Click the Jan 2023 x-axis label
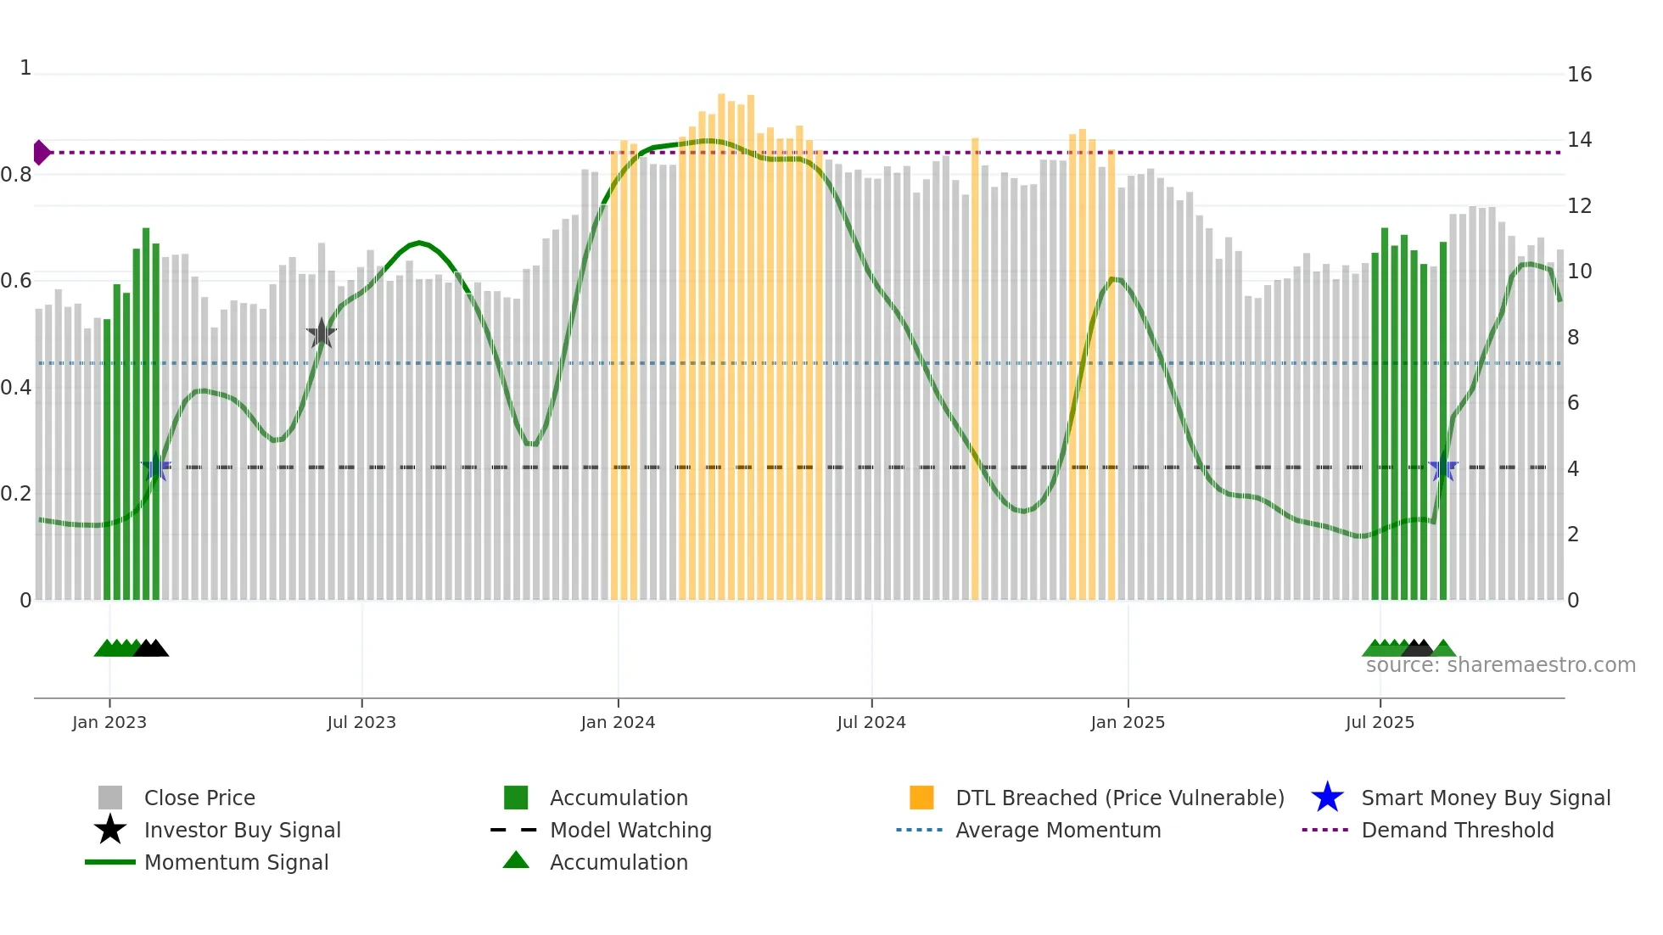tap(109, 722)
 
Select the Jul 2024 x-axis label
tap(871, 722)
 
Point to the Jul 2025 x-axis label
tap(1380, 722)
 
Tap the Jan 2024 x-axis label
tap(618, 722)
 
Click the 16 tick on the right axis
tap(1579, 75)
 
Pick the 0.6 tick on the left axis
tap(16, 281)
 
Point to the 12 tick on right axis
tap(1579, 206)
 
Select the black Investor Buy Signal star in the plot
tap(322, 333)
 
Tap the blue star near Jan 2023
tap(156, 467)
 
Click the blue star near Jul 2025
tap(1443, 467)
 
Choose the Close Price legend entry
tap(199, 798)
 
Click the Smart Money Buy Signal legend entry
tap(1485, 798)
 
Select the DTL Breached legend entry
tap(1119, 798)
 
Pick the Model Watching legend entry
tap(630, 830)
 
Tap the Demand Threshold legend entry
tap(1457, 830)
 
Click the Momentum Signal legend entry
tap(236, 862)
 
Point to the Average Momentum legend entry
tap(1057, 830)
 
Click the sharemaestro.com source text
tap(1500, 665)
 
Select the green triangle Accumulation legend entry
tap(619, 862)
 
